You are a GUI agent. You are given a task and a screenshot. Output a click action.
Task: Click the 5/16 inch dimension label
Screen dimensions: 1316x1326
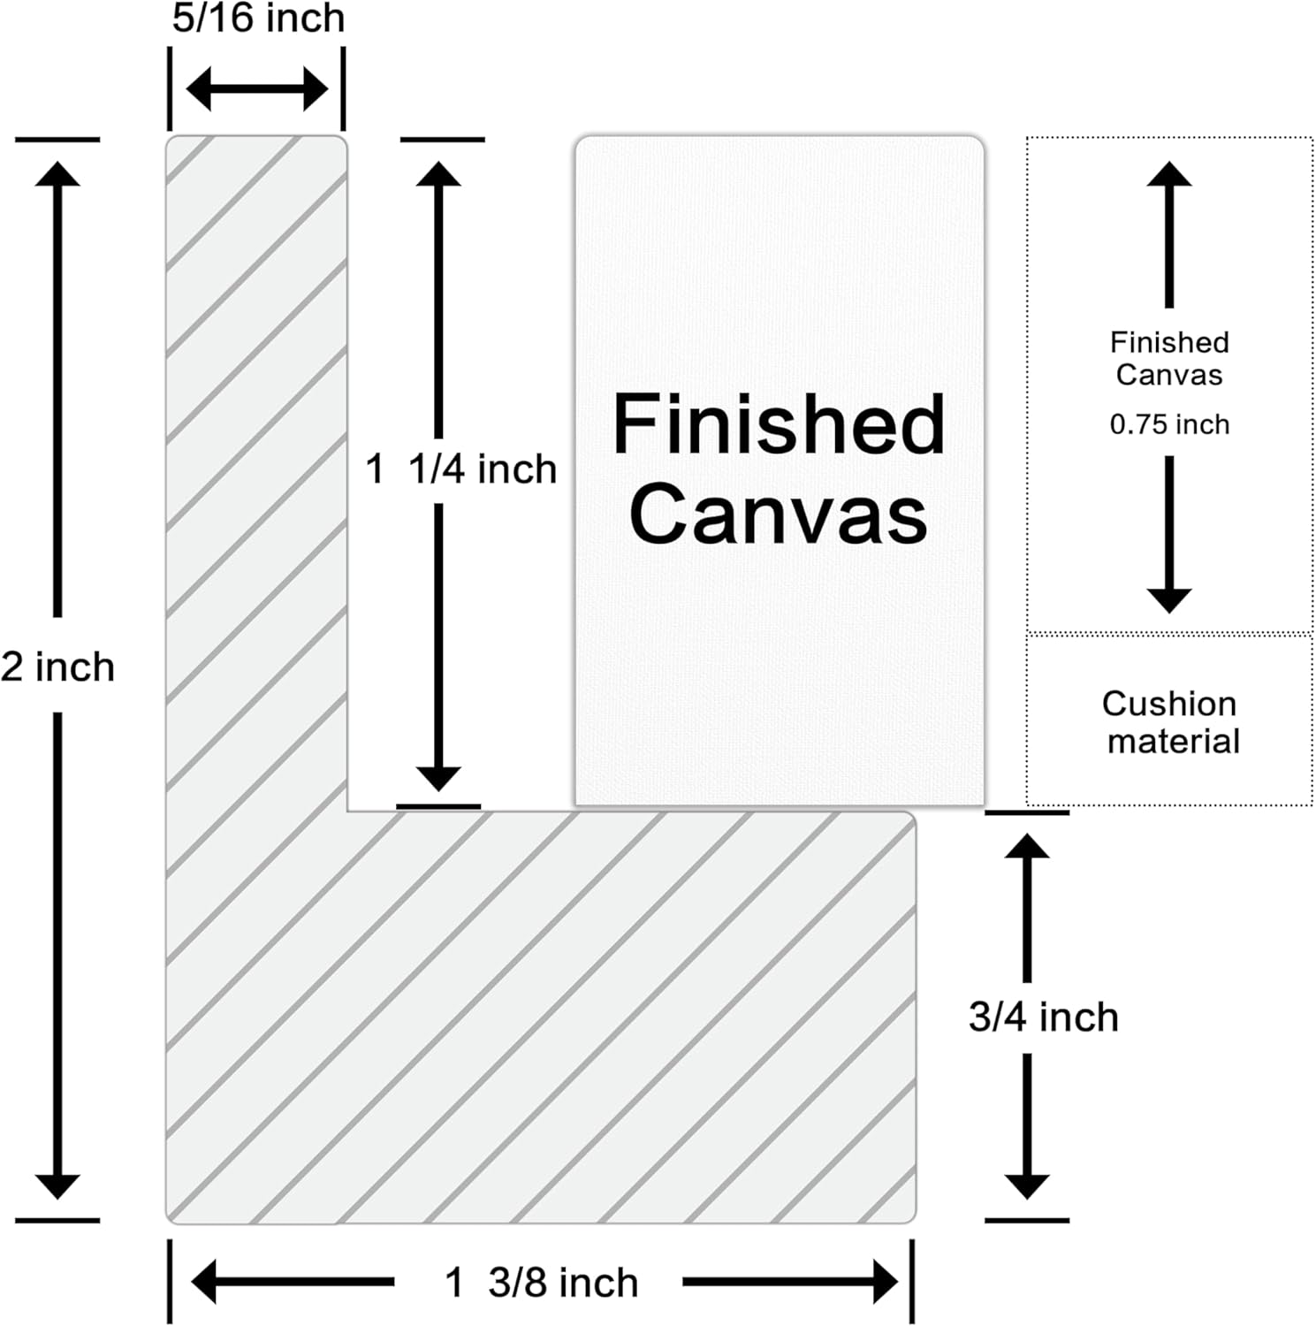click(x=258, y=18)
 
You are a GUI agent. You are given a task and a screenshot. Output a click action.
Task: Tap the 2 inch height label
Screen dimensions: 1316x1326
click(x=57, y=667)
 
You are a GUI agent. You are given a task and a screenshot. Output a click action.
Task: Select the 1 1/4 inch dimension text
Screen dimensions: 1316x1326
click(x=460, y=469)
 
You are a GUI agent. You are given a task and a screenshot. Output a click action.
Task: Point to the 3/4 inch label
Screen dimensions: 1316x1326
click(x=1043, y=1017)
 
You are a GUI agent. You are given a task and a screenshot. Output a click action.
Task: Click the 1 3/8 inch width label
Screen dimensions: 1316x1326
click(x=541, y=1283)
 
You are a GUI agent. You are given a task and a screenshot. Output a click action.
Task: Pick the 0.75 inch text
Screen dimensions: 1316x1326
click(x=1169, y=424)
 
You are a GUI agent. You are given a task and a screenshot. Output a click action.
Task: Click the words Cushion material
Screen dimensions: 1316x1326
click(x=1170, y=722)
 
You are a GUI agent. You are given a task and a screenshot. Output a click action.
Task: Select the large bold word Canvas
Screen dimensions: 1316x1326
click(x=779, y=514)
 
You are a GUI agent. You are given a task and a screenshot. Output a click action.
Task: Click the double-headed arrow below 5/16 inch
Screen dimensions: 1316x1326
click(x=257, y=88)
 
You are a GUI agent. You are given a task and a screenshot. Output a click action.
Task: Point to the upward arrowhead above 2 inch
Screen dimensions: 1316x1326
click(x=57, y=174)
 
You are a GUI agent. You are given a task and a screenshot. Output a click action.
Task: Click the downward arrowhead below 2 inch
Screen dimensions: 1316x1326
click(x=57, y=1186)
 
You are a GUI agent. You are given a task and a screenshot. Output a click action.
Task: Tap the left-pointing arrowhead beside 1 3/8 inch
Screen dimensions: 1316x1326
click(x=204, y=1282)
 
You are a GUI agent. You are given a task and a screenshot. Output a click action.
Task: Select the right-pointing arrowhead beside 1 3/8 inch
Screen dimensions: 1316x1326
click(x=886, y=1282)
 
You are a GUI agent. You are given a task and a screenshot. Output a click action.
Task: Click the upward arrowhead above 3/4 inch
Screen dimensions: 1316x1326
click(x=1027, y=846)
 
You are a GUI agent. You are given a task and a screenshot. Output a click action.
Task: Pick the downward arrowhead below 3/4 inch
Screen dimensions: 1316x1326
click(x=1027, y=1186)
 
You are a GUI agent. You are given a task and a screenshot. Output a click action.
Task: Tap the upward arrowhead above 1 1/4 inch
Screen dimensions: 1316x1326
click(x=438, y=174)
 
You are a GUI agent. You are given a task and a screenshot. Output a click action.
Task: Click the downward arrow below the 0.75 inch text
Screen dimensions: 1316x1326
click(x=1169, y=535)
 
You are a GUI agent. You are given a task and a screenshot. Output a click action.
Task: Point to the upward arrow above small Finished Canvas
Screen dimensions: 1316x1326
click(x=1169, y=234)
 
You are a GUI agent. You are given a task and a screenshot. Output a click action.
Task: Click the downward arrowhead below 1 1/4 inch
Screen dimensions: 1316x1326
click(x=438, y=779)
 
